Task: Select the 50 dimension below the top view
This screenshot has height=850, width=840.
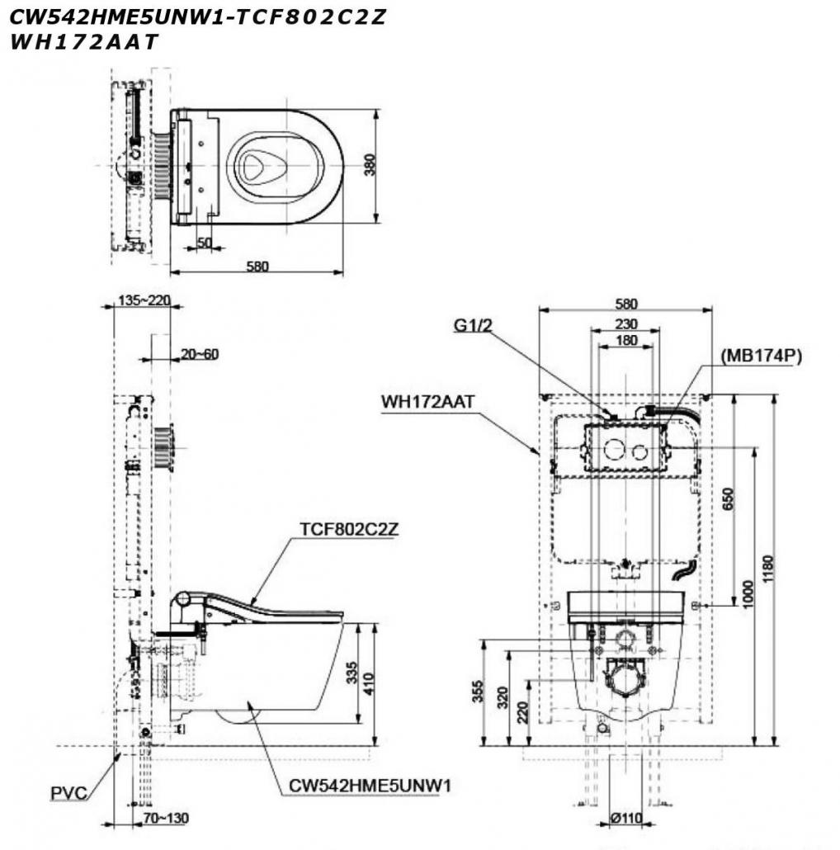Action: point(205,243)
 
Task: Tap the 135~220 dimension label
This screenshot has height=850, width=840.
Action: point(144,300)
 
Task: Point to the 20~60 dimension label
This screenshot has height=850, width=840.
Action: point(200,354)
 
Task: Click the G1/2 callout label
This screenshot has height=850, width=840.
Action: point(473,325)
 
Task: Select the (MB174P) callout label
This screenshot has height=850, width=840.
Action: point(761,356)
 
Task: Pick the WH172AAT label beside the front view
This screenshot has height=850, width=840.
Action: point(427,402)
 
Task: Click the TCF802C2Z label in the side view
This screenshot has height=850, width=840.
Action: point(349,529)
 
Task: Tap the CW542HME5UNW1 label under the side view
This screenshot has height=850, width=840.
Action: point(370,786)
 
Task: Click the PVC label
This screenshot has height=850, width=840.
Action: point(68,793)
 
